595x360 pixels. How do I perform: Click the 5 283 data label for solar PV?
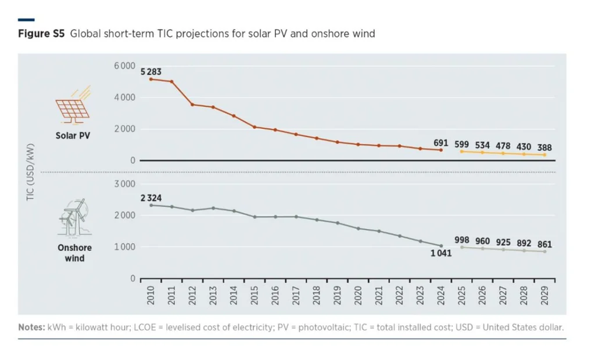[151, 72]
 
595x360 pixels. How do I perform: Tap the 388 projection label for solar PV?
[544, 147]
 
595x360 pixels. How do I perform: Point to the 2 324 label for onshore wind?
[151, 198]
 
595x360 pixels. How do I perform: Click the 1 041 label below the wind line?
[441, 254]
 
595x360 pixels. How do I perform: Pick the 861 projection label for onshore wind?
[544, 244]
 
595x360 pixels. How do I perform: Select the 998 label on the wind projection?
[461, 240]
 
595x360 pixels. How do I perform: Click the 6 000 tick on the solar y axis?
[124, 66]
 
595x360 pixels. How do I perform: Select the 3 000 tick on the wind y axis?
[124, 184]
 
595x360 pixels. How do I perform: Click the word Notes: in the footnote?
[31, 327]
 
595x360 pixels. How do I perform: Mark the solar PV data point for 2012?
[192, 105]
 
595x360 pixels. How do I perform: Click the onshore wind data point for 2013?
[213, 208]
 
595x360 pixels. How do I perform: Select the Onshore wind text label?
[74, 253]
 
